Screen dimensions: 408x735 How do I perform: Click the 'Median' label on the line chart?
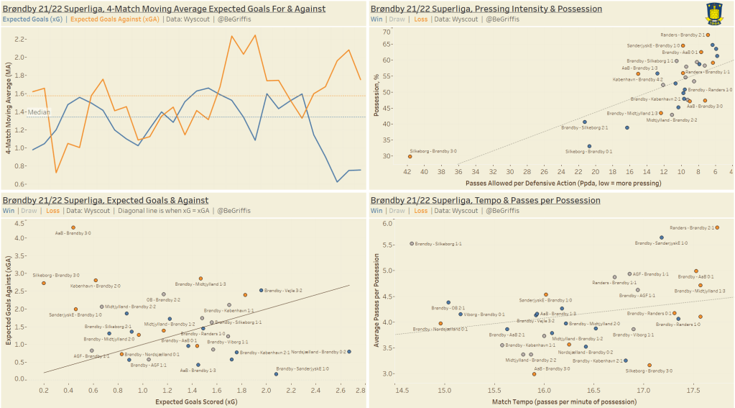tap(38, 112)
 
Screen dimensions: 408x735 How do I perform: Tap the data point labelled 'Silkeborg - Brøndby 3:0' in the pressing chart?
tap(410, 156)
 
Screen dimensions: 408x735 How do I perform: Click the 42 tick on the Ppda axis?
tap(407, 172)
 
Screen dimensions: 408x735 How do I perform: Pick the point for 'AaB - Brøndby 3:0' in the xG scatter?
tap(73, 227)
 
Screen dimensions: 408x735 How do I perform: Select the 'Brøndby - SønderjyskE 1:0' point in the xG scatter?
tap(276, 373)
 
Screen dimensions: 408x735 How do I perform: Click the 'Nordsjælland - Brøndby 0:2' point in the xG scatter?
tap(349, 351)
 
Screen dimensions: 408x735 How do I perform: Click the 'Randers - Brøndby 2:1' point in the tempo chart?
tap(717, 227)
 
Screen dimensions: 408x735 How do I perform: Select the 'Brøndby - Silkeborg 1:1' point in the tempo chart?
tap(412, 243)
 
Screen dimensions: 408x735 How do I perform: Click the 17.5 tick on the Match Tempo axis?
tap(693, 389)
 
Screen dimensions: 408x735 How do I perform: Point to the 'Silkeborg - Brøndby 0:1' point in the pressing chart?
tap(589, 146)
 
